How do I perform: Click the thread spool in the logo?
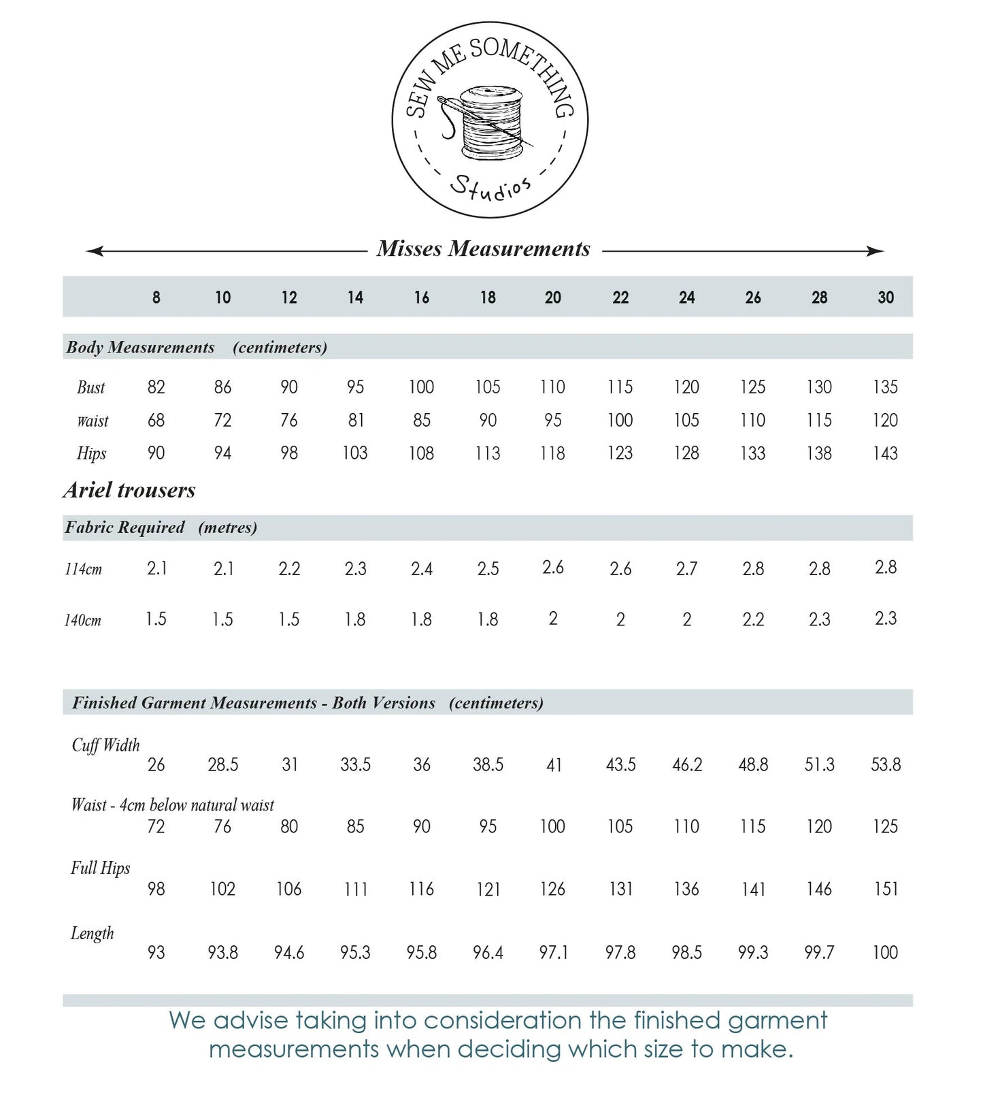[x=491, y=122]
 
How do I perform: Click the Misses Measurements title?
[x=484, y=249]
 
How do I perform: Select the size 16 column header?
[x=421, y=297]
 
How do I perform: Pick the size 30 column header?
[x=885, y=297]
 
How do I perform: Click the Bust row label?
[x=90, y=387]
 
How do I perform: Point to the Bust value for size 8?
[x=156, y=387]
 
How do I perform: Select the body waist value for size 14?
[x=355, y=421]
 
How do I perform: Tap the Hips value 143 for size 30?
[x=885, y=453]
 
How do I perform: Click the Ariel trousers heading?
[x=129, y=490]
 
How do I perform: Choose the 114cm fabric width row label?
[x=83, y=569]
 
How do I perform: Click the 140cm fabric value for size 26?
[x=753, y=619]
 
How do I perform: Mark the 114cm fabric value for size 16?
[x=421, y=569]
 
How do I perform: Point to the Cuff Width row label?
[x=105, y=745]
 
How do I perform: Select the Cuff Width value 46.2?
[x=686, y=765]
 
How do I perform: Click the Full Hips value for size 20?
[x=552, y=889]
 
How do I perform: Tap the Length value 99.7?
[x=819, y=953]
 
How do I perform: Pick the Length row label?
[x=92, y=933]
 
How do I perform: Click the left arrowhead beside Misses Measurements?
[x=94, y=251]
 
